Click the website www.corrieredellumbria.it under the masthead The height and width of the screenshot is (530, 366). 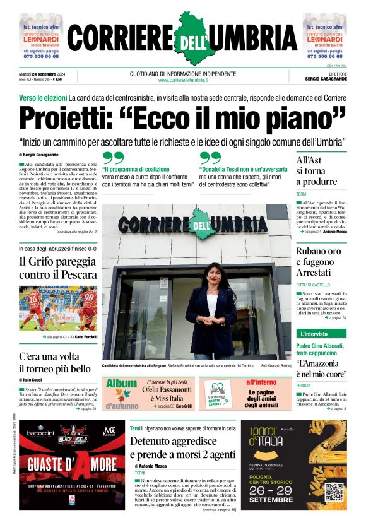point(182,80)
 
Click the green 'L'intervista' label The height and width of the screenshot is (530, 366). point(314,333)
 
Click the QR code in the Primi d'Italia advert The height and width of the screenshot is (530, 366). point(334,493)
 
